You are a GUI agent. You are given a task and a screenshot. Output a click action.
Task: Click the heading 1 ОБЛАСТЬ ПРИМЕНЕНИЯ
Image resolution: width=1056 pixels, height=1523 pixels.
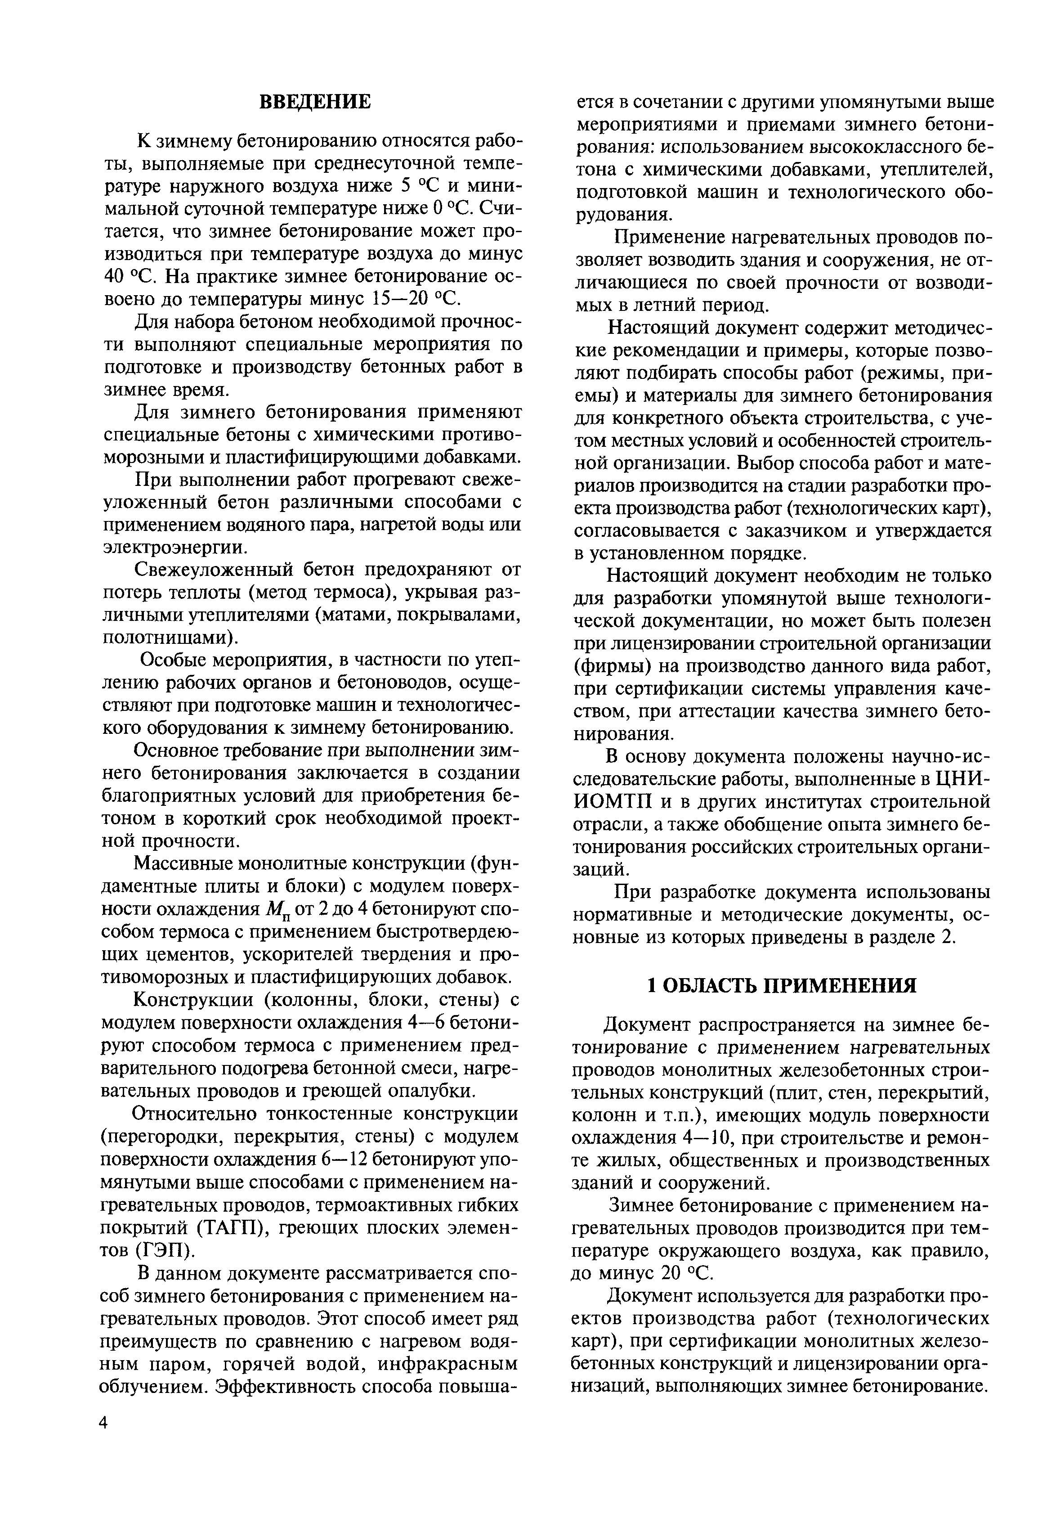pyautogui.click(x=781, y=985)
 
